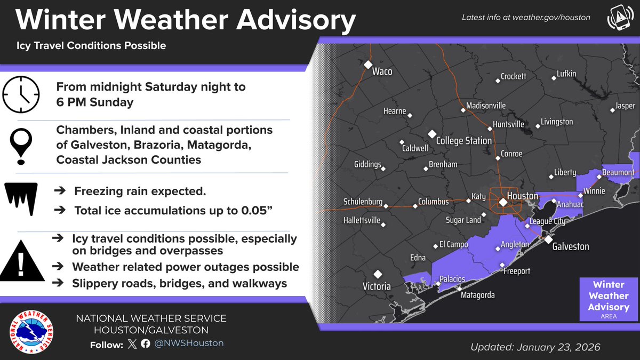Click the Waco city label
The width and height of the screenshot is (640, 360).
point(382,71)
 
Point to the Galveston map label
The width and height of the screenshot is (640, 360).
point(570,246)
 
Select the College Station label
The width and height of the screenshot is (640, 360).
point(463,141)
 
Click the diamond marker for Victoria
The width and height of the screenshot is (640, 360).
point(378,274)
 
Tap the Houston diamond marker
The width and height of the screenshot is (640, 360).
point(502,202)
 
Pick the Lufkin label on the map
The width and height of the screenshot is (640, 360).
point(566,74)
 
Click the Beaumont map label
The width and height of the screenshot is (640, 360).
point(618,172)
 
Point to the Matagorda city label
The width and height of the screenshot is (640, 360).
point(477,295)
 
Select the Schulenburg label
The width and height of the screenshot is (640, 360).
point(363,202)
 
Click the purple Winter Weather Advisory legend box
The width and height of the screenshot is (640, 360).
point(608,300)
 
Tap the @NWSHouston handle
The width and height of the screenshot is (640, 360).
point(189,343)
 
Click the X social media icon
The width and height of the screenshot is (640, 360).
point(132,344)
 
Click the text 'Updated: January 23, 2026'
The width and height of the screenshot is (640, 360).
point(535,347)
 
